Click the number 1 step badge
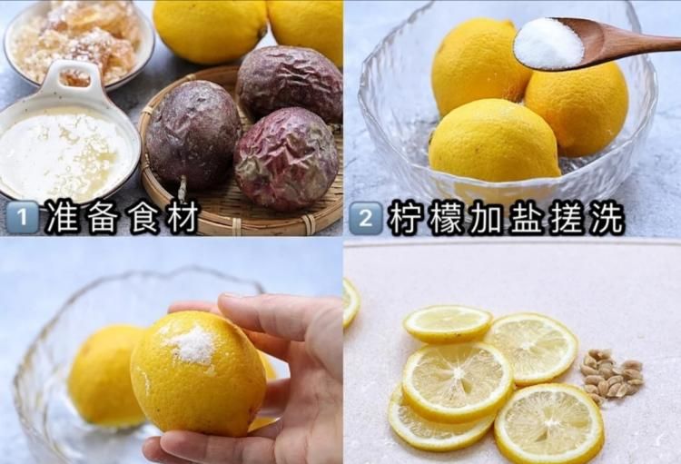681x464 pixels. (x=22, y=218)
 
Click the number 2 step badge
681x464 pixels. (x=365, y=218)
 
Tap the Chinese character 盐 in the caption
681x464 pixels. (x=526, y=218)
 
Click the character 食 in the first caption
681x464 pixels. (x=143, y=218)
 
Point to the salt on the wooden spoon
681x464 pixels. (x=548, y=43)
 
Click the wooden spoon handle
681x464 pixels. (x=636, y=41)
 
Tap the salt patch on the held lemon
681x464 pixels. (x=190, y=344)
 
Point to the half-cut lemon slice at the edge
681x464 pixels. (x=350, y=301)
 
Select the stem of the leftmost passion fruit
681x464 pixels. (x=183, y=188)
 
